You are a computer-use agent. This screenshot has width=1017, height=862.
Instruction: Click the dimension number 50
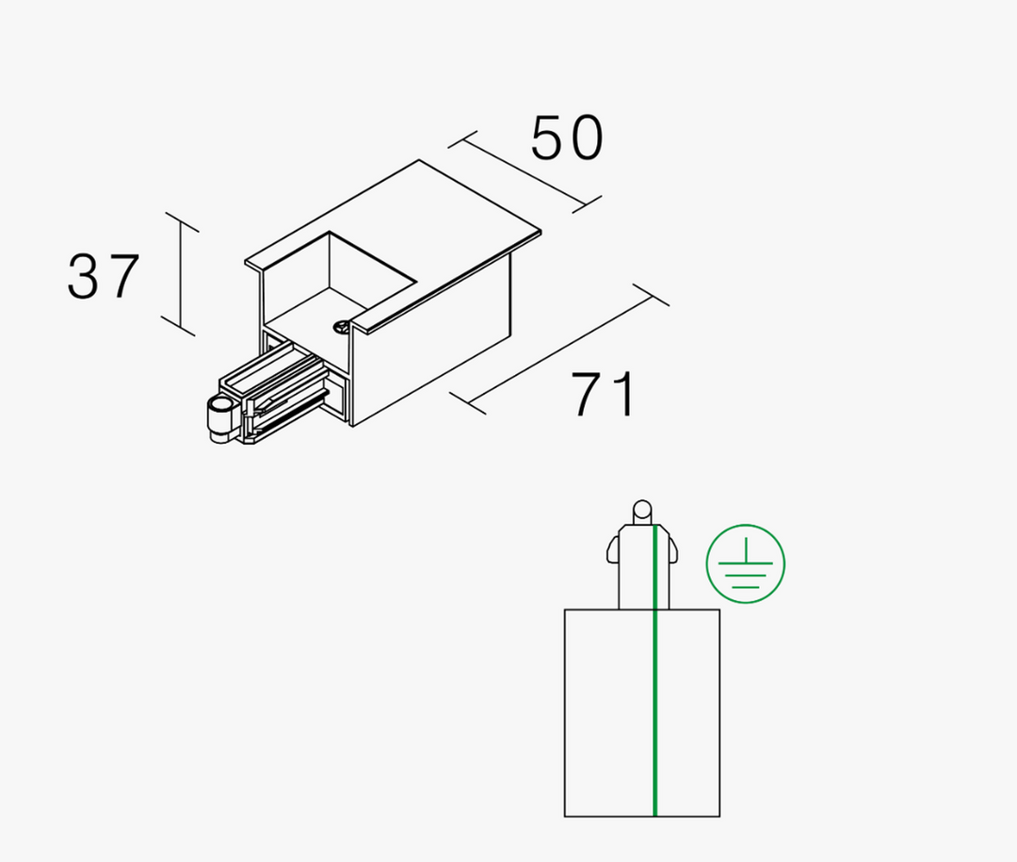pyautogui.click(x=567, y=138)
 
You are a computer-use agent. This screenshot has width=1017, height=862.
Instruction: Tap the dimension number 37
pyautogui.click(x=104, y=277)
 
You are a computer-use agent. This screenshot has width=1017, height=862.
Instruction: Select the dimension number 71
pyautogui.click(x=604, y=394)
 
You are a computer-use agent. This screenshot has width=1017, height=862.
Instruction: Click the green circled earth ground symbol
pyautogui.click(x=746, y=563)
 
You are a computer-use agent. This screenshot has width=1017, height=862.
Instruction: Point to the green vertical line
pyautogui.click(x=655, y=671)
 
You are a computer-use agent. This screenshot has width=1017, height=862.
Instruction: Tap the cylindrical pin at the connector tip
pyautogui.click(x=219, y=420)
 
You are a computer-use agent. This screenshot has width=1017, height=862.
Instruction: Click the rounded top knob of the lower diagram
pyautogui.click(x=642, y=511)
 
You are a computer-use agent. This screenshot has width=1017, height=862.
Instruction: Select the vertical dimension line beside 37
pyautogui.click(x=180, y=274)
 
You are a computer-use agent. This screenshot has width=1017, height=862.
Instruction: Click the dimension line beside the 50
pyautogui.click(x=525, y=172)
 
